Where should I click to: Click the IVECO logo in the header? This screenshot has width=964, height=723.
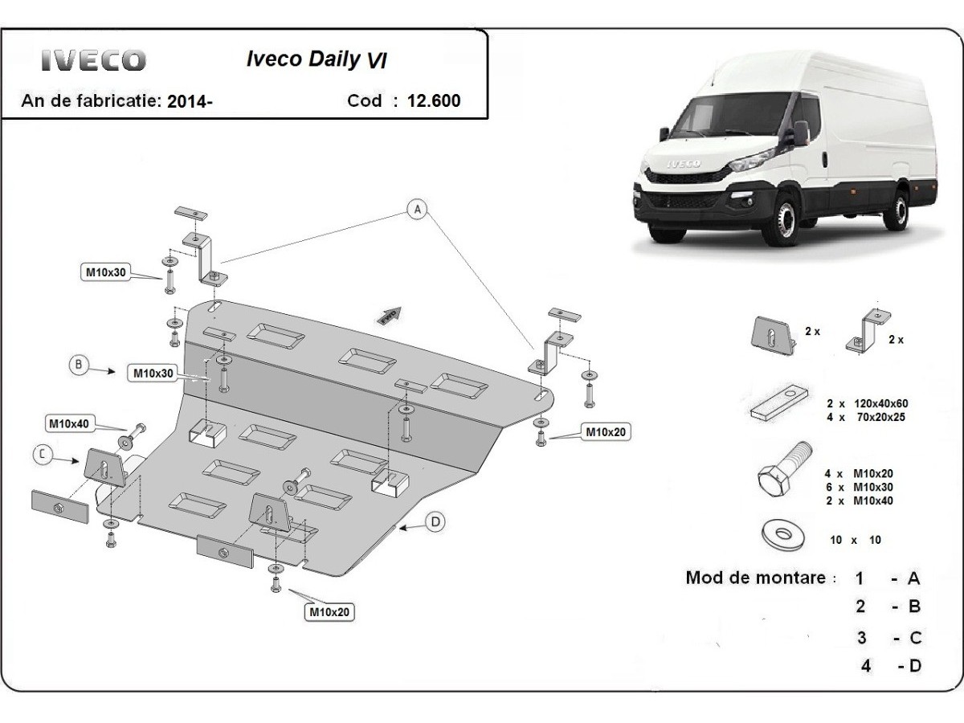[94, 61]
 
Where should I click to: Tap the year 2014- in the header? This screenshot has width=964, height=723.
[190, 101]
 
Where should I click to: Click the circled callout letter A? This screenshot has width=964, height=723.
[417, 210]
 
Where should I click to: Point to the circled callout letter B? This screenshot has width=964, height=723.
[78, 366]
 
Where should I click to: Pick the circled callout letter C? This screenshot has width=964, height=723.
[43, 455]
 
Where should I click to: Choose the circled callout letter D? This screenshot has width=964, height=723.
[435, 522]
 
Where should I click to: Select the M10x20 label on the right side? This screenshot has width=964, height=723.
[604, 432]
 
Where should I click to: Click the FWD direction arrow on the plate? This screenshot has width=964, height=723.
[390, 315]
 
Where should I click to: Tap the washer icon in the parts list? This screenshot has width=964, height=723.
[779, 536]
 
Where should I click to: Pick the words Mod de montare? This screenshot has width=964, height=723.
[756, 578]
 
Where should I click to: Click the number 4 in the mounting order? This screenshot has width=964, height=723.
[865, 665]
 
